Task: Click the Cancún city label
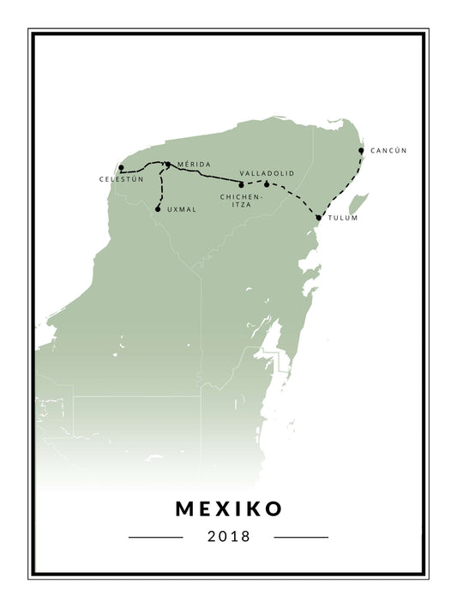[x=388, y=151]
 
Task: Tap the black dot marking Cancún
[x=361, y=150]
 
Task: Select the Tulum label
[x=342, y=218]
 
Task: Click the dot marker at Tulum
[x=318, y=218]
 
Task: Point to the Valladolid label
[x=267, y=173]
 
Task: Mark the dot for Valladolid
[x=267, y=184]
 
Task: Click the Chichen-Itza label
[x=241, y=201]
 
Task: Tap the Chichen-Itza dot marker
[x=241, y=184]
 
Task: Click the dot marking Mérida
[x=168, y=164]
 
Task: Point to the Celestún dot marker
[x=122, y=168]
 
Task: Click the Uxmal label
[x=183, y=209]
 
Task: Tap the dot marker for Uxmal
[x=158, y=209]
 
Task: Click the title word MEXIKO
[x=228, y=509]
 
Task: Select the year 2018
[x=228, y=537]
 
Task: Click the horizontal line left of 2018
[x=155, y=538]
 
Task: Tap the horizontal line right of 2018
[x=301, y=538]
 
